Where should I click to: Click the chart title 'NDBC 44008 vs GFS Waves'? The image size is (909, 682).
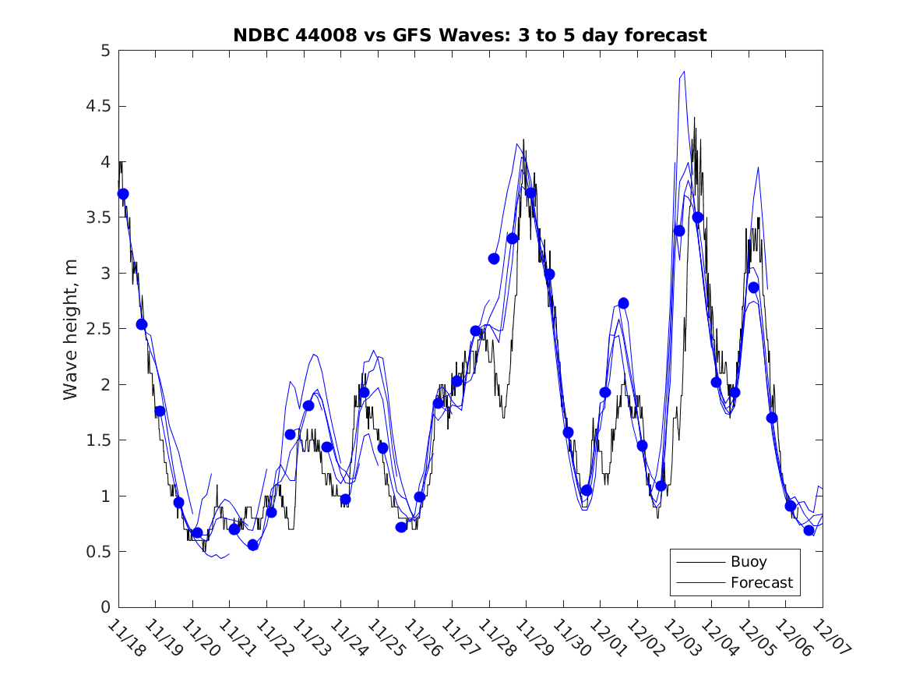click(470, 35)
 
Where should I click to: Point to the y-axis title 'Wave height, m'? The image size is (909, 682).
click(71, 329)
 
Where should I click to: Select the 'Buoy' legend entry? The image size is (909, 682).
click(749, 562)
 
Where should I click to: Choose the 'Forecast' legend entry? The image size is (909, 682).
click(761, 582)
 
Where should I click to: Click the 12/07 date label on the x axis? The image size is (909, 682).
click(829, 637)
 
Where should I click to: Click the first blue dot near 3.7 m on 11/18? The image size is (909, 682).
click(123, 194)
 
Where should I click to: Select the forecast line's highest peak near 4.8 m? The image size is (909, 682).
click(684, 72)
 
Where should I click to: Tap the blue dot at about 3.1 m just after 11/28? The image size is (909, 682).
click(494, 258)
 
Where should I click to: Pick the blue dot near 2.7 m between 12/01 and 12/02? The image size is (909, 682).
click(623, 303)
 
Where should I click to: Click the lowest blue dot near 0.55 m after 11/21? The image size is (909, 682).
click(253, 545)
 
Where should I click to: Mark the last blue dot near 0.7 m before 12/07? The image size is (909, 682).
click(809, 531)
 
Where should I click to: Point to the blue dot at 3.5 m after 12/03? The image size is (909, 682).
click(698, 217)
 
